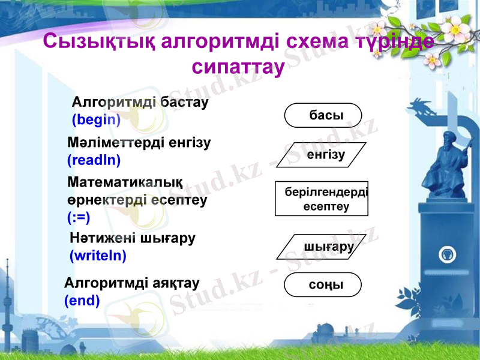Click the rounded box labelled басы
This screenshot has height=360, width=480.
[323, 115]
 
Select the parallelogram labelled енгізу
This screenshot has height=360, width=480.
[324, 154]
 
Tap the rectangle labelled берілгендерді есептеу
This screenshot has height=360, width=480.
[322, 199]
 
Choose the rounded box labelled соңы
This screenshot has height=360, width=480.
[323, 285]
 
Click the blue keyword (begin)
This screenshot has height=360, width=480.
[96, 120]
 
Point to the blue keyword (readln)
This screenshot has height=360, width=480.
[94, 160]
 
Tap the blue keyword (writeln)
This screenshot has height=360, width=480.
[98, 256]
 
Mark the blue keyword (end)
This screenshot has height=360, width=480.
[82, 299]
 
